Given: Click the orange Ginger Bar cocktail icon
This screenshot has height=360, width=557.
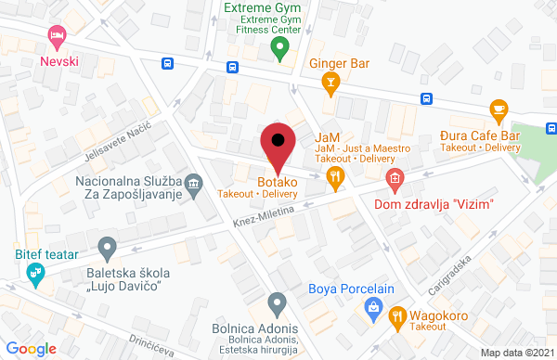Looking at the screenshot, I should tap(329, 84).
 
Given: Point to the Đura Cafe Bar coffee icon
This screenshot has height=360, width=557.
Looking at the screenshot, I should tap(499, 111).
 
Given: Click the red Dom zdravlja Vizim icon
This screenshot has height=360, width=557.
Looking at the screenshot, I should tap(396, 177).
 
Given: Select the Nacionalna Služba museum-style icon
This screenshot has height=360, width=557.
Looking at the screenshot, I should tap(194, 182).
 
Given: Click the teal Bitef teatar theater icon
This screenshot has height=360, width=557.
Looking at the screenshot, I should tap(36, 273).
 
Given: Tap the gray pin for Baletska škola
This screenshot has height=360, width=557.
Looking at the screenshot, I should tap(107, 249).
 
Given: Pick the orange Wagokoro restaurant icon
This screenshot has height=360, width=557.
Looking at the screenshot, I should tap(398, 315).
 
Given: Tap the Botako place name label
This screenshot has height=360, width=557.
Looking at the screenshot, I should tap(277, 182).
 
